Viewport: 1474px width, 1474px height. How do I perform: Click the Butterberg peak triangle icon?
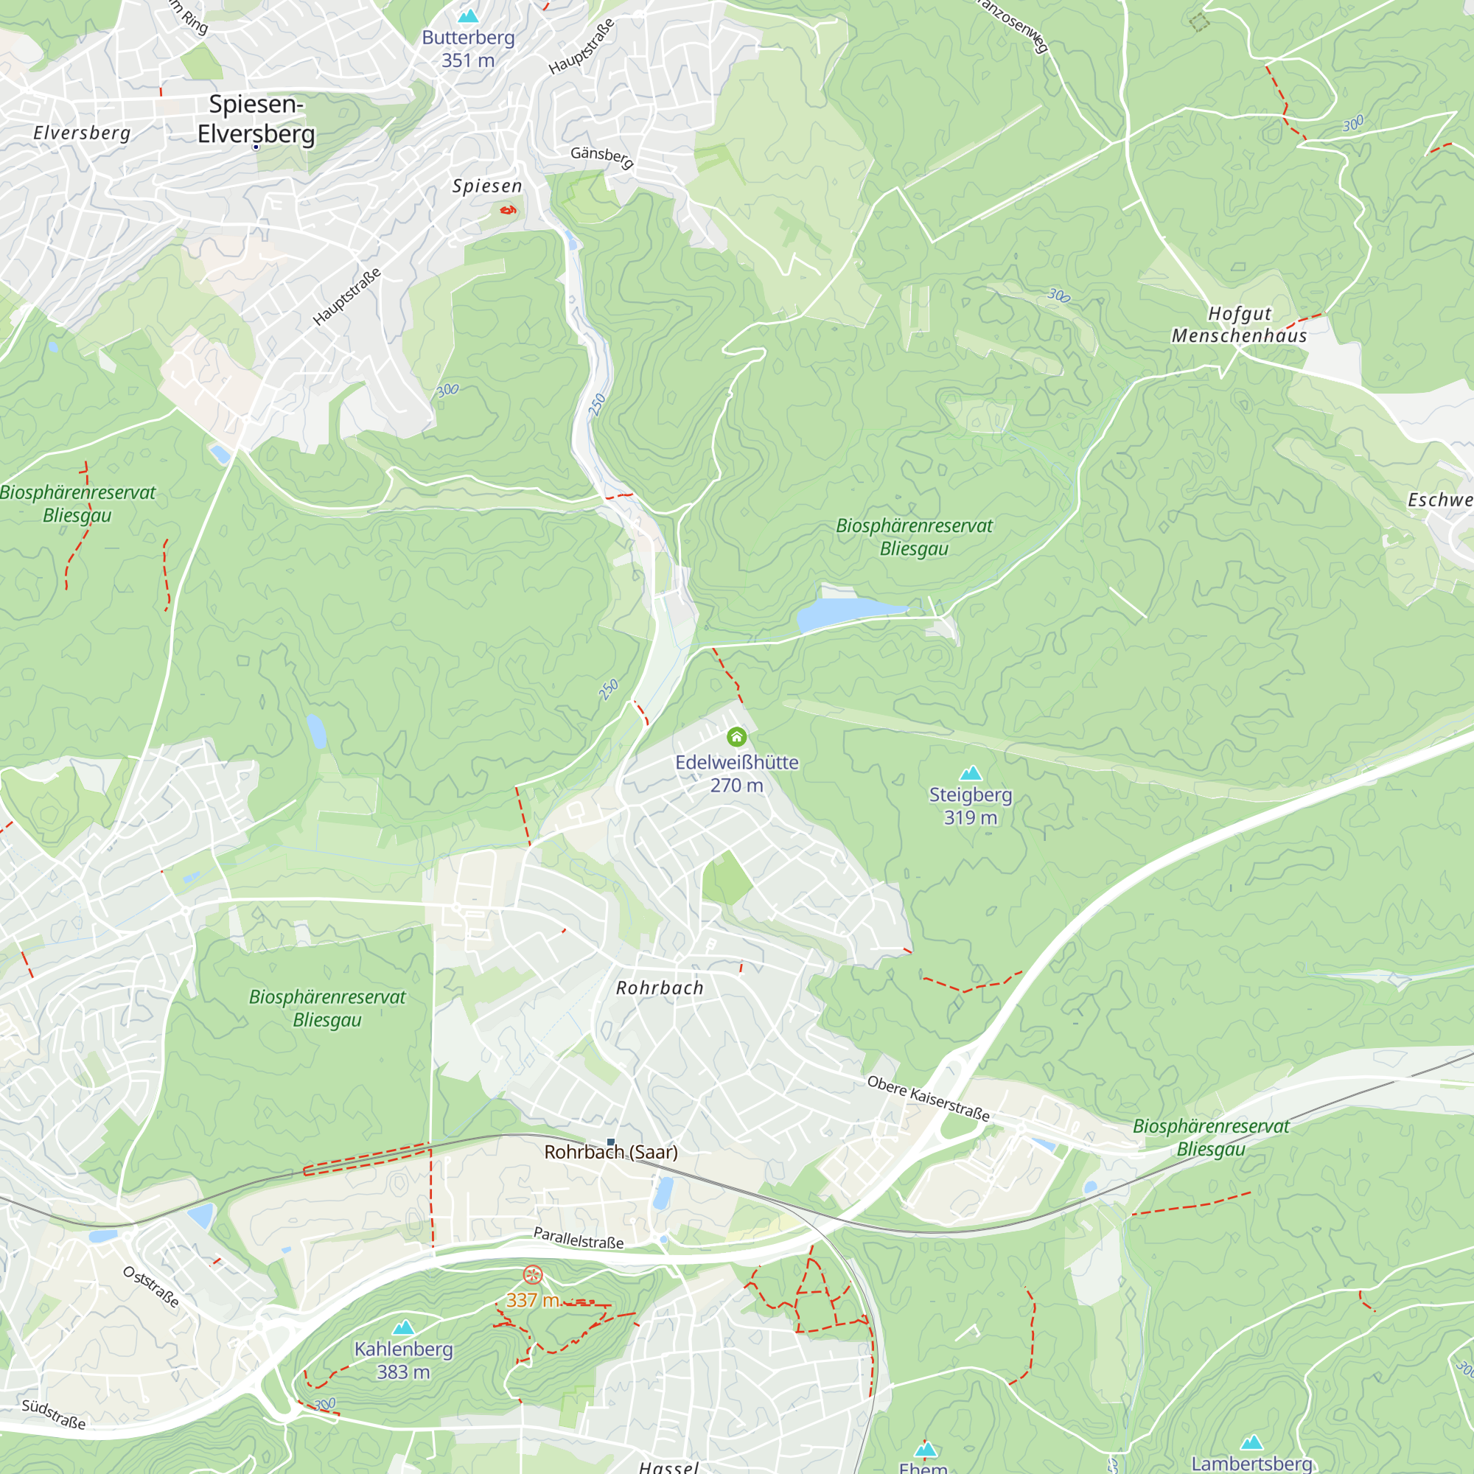[468, 15]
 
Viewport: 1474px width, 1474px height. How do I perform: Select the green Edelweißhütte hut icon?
[736, 736]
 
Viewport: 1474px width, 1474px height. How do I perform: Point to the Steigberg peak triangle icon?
[970, 774]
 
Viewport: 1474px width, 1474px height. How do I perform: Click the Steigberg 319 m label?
[970, 806]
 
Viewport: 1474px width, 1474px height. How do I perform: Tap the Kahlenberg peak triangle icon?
[403, 1327]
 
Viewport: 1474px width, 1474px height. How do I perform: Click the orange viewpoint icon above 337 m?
[533, 1274]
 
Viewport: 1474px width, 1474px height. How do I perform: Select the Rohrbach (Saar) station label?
[610, 1152]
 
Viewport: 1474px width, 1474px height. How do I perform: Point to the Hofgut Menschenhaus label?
[1239, 324]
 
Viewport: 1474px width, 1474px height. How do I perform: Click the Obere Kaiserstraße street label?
[928, 1099]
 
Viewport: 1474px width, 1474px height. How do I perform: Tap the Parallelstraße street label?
[579, 1237]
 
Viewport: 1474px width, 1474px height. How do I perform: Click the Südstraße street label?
[53, 1414]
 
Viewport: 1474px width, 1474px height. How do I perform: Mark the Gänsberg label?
[602, 156]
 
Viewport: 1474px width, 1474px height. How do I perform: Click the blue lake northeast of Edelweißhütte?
[843, 612]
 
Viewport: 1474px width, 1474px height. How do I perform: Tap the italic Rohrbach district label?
[659, 988]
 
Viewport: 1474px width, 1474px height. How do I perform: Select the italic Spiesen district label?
[486, 186]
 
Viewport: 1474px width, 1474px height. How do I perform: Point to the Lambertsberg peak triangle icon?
[1251, 1442]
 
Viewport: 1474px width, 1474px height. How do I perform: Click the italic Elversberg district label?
[82, 133]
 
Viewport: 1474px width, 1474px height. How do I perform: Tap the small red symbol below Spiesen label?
[507, 209]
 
